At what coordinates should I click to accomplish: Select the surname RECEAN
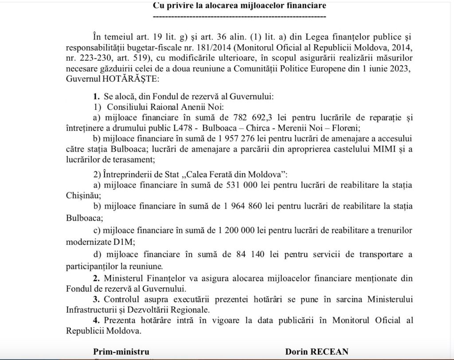329,352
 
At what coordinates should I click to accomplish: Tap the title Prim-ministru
121,352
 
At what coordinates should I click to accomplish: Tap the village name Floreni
345,128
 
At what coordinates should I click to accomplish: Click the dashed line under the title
239,16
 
